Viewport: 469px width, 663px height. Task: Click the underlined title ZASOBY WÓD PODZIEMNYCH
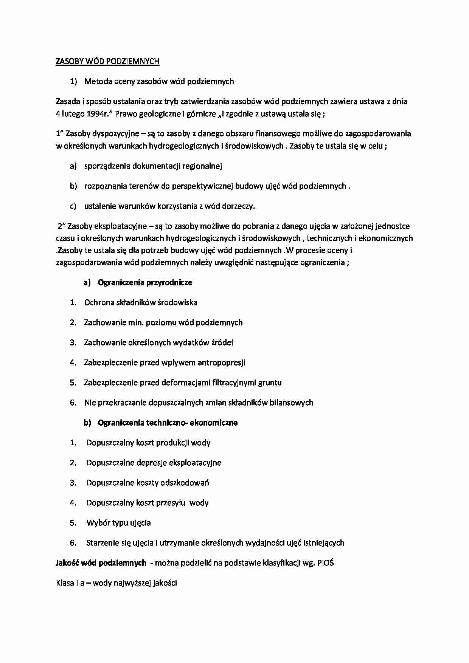[x=107, y=61]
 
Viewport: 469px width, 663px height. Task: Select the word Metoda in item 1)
[x=96, y=81]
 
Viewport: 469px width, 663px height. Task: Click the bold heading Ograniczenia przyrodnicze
[x=145, y=282]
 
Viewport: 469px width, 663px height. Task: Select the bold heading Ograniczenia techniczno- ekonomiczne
[x=168, y=423]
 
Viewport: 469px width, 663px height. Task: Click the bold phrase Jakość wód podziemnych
[x=101, y=563]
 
